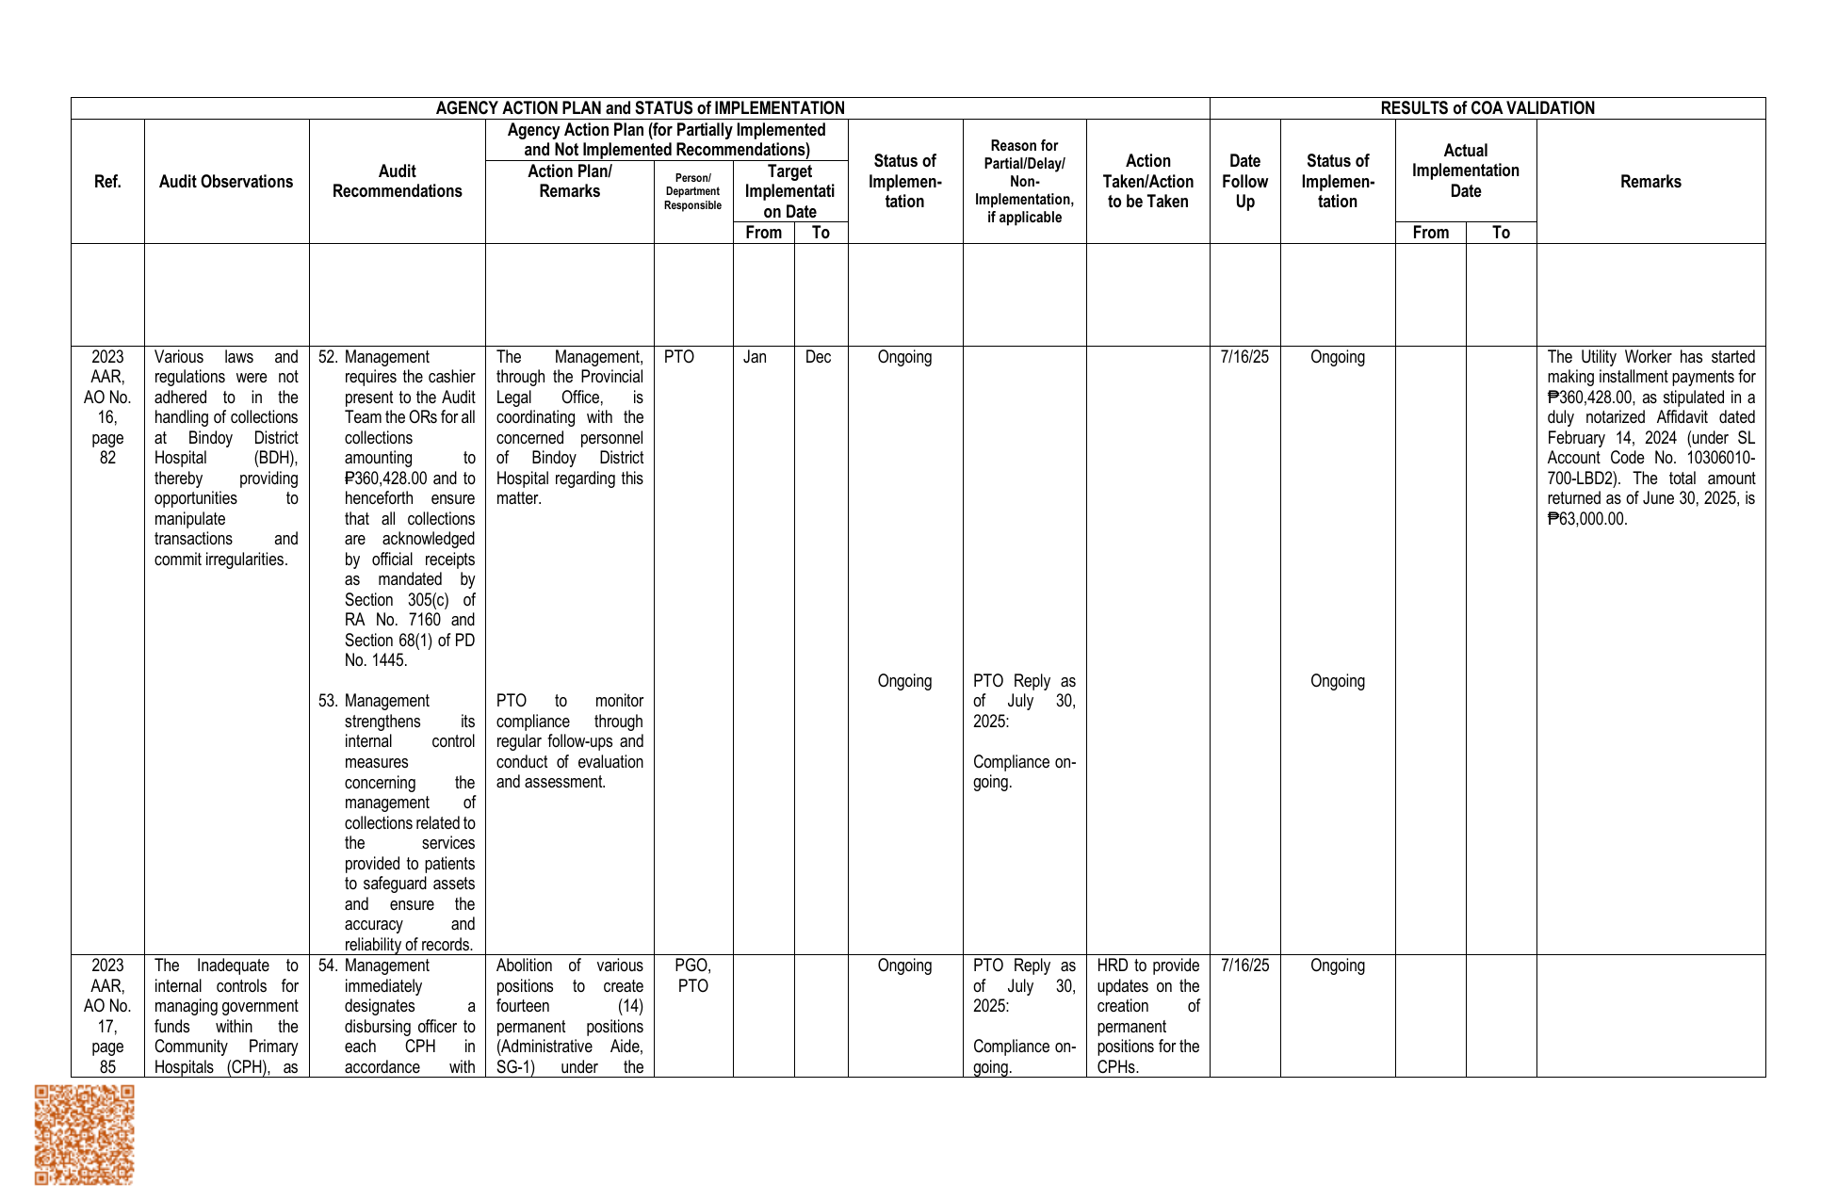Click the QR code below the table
(x=84, y=1134)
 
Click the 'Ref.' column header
(x=107, y=182)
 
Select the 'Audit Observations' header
(x=226, y=182)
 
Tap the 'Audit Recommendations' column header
(x=397, y=182)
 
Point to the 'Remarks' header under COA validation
(x=1650, y=182)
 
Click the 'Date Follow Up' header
(x=1244, y=182)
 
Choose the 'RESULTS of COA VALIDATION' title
(x=1487, y=108)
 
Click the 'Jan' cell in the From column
(x=755, y=357)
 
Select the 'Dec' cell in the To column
(x=818, y=357)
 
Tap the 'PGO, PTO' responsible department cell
(x=692, y=976)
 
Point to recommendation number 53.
(x=327, y=701)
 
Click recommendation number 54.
(x=327, y=966)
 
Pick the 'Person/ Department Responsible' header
(x=692, y=191)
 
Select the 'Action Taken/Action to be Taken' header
(x=1147, y=182)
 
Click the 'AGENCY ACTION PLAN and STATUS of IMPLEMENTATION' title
(x=640, y=108)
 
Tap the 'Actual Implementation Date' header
(x=1465, y=170)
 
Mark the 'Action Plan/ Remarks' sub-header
(x=569, y=181)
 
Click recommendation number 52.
(x=327, y=357)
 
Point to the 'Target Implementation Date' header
(x=789, y=191)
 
